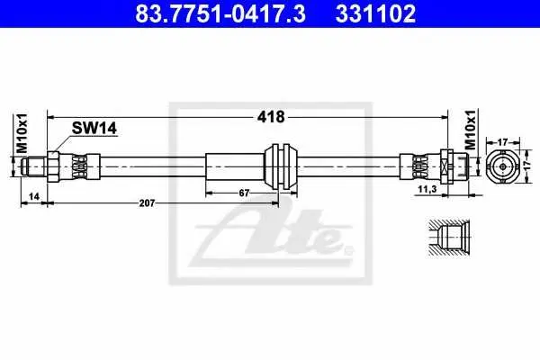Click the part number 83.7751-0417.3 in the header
tap(220, 13)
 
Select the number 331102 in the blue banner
tap(375, 13)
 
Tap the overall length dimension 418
tap(271, 117)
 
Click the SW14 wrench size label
tap(94, 128)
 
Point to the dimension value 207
tap(147, 203)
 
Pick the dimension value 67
tap(244, 193)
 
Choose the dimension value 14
tap(34, 196)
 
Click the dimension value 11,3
tap(427, 189)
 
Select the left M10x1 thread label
tap(22, 133)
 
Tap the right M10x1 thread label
tap(471, 130)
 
